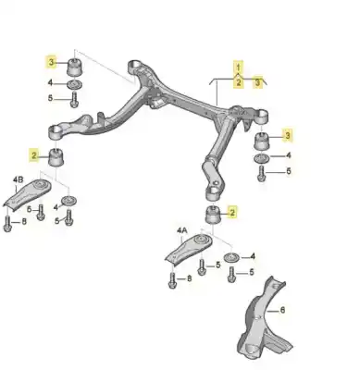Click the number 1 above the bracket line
(238, 68)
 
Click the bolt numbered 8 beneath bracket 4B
(9, 222)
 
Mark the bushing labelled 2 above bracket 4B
(60, 157)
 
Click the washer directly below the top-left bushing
(75, 88)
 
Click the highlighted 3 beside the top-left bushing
(51, 63)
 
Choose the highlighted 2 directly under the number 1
(238, 82)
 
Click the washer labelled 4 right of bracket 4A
(230, 255)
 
